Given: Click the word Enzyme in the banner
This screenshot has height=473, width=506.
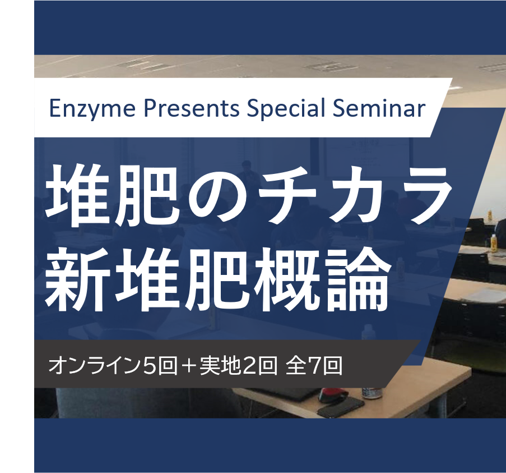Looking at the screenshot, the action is [92, 109].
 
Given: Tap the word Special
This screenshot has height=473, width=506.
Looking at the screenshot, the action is [286, 109].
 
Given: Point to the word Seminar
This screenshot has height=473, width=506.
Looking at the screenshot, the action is [379, 108].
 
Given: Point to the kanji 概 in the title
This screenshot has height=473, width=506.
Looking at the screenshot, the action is [285, 279].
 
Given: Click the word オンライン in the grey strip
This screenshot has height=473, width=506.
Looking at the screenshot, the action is [95, 366].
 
